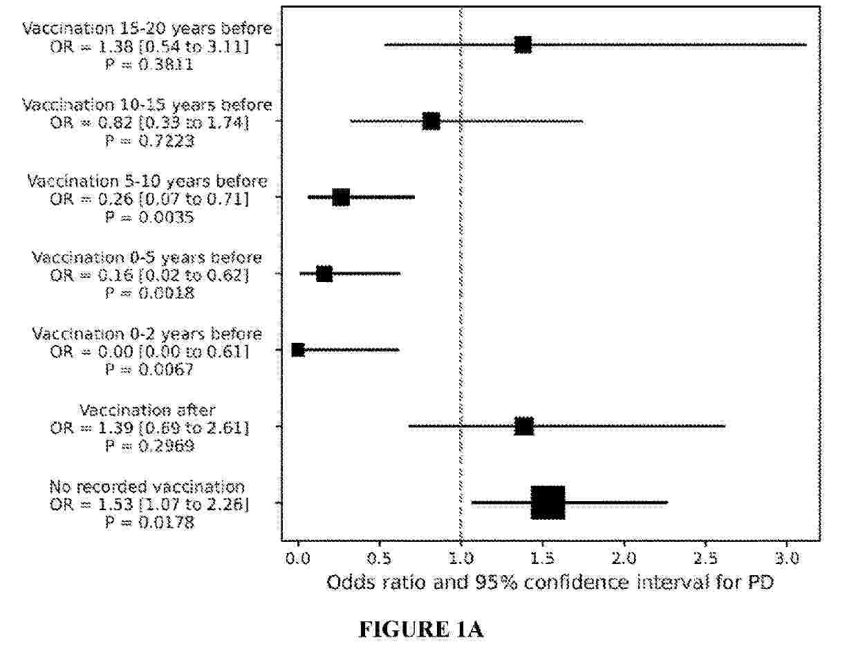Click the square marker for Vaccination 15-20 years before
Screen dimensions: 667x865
[x=523, y=45]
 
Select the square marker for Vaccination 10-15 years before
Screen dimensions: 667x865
[x=431, y=122]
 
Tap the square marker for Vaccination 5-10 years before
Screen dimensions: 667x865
[x=341, y=198]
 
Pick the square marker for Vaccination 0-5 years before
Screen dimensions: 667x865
[x=324, y=274]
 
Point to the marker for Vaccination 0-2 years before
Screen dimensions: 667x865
[x=298, y=350]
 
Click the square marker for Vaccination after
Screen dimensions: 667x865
[x=524, y=426]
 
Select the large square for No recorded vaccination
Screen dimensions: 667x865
[x=548, y=502]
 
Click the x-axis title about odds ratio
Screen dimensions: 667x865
[x=550, y=583]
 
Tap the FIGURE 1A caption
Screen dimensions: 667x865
[x=420, y=630]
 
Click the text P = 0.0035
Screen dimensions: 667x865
[x=149, y=217]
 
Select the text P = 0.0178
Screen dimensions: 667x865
[x=149, y=523]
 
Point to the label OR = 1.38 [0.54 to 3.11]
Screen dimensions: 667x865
[x=149, y=47]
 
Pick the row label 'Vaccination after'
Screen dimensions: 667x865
[x=147, y=410]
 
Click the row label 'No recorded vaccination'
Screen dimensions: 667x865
[x=147, y=487]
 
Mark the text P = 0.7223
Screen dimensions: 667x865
[x=149, y=141]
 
